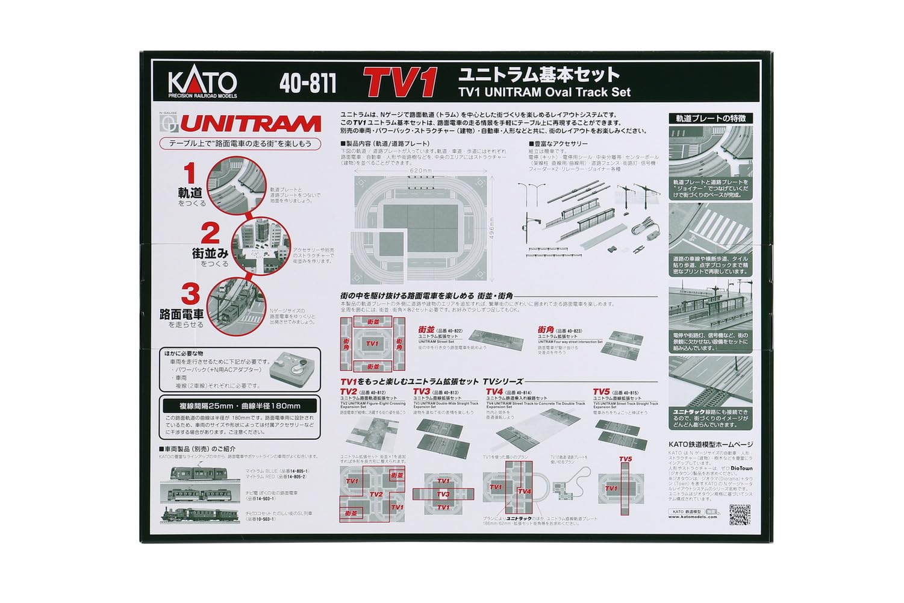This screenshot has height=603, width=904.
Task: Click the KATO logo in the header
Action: coord(202,83)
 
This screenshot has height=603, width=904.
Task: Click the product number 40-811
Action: coord(308,84)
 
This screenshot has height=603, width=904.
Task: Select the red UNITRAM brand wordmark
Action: coord(250,124)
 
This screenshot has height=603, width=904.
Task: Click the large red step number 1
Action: coord(190,174)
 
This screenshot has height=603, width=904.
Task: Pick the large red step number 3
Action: coord(190,294)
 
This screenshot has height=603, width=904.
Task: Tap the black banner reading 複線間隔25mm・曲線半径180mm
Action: coord(240,405)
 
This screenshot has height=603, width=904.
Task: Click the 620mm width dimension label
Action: coord(420,171)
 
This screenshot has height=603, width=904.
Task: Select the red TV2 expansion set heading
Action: coord(349,392)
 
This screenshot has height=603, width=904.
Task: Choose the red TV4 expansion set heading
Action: coord(494,392)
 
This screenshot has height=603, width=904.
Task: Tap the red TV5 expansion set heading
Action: coord(602,392)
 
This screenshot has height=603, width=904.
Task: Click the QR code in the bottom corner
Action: coord(740,514)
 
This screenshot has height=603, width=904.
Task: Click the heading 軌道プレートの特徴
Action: coord(711,119)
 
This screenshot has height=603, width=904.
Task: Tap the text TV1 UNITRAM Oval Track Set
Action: coord(544,92)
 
